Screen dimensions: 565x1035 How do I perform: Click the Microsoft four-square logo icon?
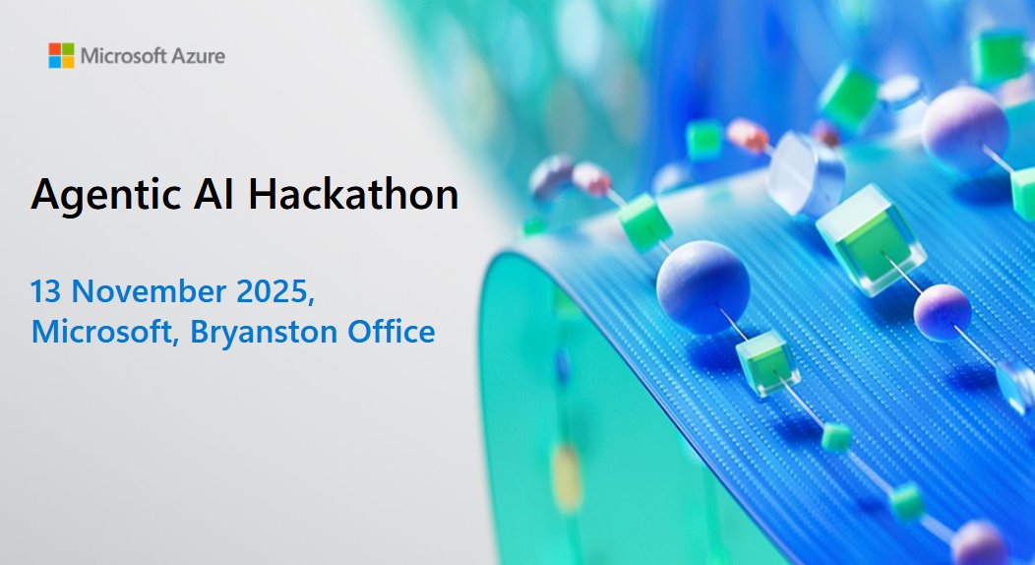point(61,55)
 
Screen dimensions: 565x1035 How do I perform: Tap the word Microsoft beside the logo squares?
point(123,55)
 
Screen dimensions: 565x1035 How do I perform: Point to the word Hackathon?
point(353,194)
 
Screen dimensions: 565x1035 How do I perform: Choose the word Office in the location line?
point(388,331)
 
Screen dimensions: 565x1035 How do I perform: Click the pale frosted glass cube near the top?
point(806,173)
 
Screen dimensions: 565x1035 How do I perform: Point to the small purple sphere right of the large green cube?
point(942,311)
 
